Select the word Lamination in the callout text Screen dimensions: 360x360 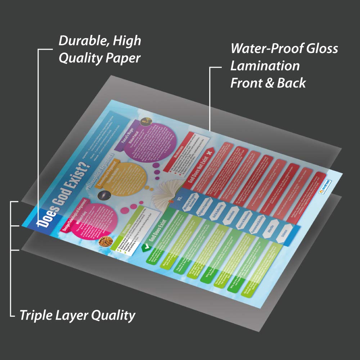265,66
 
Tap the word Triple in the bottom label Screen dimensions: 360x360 35,315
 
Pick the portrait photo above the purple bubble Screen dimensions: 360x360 145,121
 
